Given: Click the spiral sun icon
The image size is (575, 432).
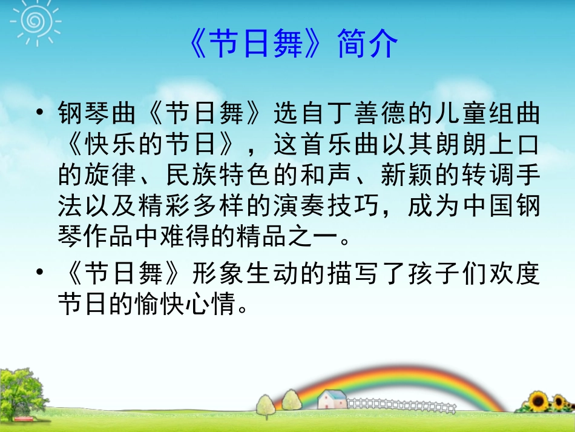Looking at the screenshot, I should click(x=30, y=20).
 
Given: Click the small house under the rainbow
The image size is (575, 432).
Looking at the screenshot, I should click(x=332, y=398).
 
